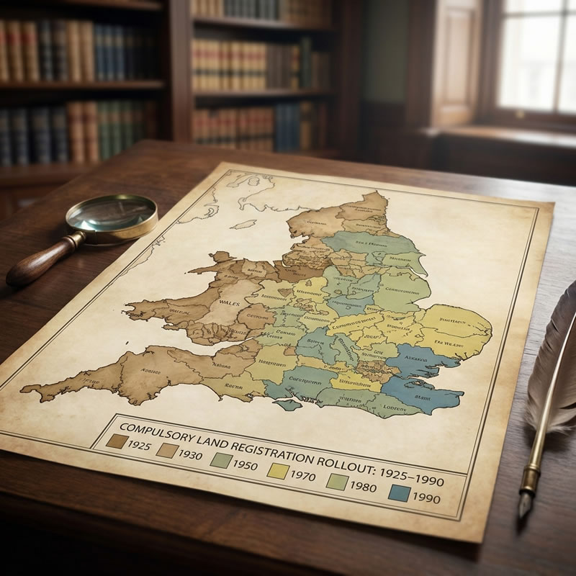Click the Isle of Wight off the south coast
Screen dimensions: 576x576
point(289,405)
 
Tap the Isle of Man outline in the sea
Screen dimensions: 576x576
point(248,225)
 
